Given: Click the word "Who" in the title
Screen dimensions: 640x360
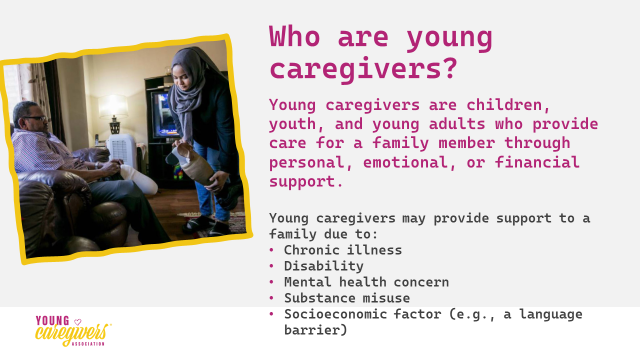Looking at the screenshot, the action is click(x=294, y=36).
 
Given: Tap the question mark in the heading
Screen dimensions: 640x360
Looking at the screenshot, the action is click(x=450, y=68).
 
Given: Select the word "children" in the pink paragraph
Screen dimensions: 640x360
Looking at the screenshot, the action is click(x=508, y=105).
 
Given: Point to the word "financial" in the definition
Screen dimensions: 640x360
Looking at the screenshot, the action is click(x=537, y=162).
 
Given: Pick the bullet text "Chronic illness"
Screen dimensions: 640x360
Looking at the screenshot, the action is click(x=343, y=250).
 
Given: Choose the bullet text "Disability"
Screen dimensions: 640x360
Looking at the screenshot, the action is click(x=324, y=266).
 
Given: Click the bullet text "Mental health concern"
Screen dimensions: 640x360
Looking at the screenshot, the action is click(x=367, y=282).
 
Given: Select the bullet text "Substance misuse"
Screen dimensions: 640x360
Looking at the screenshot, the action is click(x=347, y=298).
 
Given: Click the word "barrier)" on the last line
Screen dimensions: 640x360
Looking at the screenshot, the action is click(x=316, y=330).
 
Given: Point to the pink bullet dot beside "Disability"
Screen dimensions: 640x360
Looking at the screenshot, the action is click(x=271, y=266).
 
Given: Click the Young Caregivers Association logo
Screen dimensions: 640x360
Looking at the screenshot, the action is click(x=73, y=331).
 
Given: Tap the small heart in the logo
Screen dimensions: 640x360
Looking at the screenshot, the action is click(x=78, y=322).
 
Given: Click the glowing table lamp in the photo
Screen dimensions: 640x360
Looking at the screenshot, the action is click(x=113, y=113).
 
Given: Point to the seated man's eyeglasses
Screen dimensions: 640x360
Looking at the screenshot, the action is click(x=35, y=118).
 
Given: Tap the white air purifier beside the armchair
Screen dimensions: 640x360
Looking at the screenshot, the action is click(x=122, y=149).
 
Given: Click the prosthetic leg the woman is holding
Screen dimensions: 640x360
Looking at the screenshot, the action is click(x=192, y=162).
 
